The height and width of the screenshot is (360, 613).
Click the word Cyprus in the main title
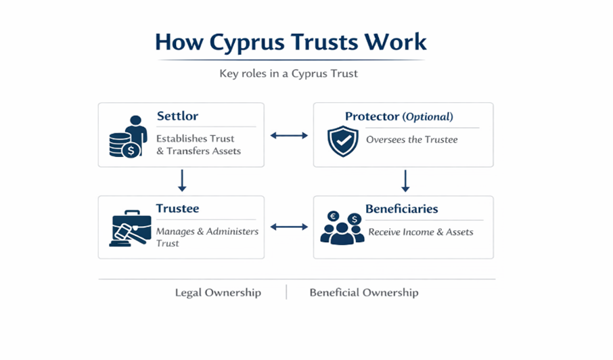pos(247,43)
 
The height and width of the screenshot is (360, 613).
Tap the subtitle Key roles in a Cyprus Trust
pos(288,74)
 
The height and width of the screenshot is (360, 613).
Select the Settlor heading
pos(177,116)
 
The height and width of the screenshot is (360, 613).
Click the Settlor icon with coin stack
pos(129,137)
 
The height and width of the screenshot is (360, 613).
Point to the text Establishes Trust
pos(195,138)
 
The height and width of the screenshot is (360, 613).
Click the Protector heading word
pos(371,116)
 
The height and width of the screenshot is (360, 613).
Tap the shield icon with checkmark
pos(343,141)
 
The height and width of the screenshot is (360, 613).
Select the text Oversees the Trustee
pos(411,139)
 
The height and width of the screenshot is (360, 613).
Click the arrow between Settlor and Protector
pos(289,135)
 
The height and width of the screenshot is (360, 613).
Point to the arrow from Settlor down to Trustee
pos(182,181)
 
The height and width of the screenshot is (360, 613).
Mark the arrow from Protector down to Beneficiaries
pos(405,181)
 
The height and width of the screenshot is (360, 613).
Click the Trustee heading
pos(177,208)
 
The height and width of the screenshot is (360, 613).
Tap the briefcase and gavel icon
pos(130,229)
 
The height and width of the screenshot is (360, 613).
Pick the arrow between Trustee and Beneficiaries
pos(289,227)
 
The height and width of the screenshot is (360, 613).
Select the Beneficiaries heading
pos(401,208)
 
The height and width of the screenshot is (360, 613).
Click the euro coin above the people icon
pos(334,216)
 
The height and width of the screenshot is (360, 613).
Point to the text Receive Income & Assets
pos(421,232)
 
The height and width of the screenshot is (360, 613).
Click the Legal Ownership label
pos(218,292)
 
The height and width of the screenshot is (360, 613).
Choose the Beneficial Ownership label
pos(364,292)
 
